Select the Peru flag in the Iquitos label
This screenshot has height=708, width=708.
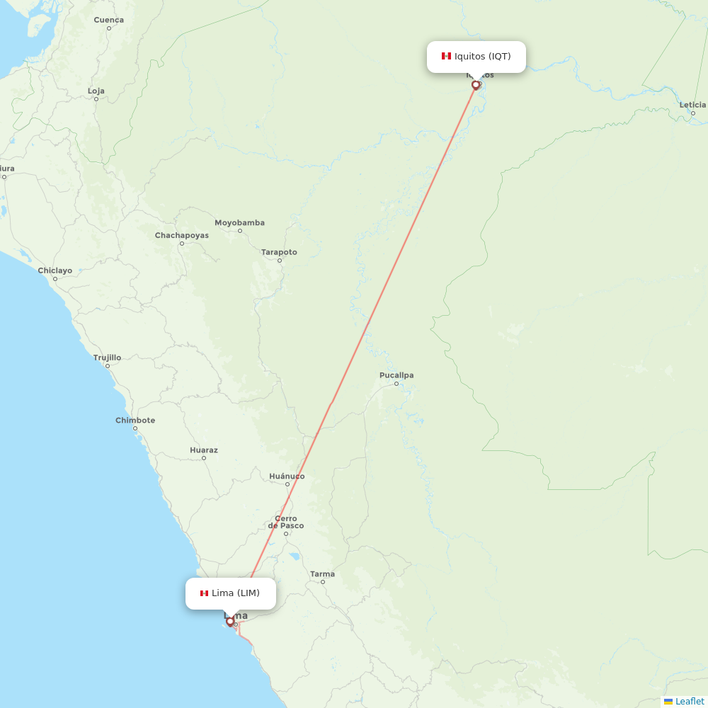[x=446, y=56]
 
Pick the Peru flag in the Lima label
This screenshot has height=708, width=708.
[x=204, y=593]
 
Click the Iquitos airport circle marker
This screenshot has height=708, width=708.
[x=476, y=85]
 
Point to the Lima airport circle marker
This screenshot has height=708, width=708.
[x=230, y=622]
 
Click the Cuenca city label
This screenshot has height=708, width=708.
[x=108, y=20]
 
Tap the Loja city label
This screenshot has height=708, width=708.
[x=96, y=91]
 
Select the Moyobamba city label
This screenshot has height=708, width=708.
[x=239, y=223]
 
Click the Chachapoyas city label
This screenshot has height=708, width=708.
[x=182, y=235]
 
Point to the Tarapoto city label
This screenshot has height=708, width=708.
[x=279, y=252]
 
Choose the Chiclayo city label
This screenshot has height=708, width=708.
[x=55, y=270]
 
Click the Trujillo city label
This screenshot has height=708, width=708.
[x=107, y=358]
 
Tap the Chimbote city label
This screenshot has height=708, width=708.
[x=135, y=421]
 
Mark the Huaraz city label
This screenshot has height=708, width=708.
[x=204, y=450]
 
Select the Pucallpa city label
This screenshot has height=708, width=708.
[x=396, y=375]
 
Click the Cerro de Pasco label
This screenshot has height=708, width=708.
[x=286, y=523]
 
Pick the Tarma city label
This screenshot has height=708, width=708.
[x=322, y=574]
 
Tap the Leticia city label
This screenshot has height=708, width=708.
[x=692, y=105]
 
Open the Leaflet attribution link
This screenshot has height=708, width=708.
[x=689, y=701]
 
